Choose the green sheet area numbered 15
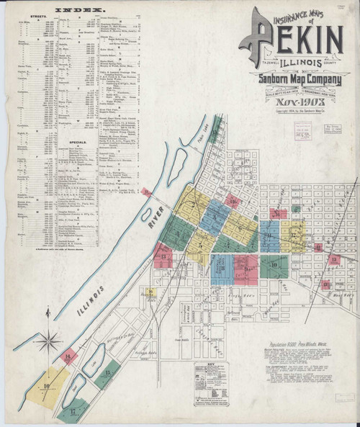point(107,374)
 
